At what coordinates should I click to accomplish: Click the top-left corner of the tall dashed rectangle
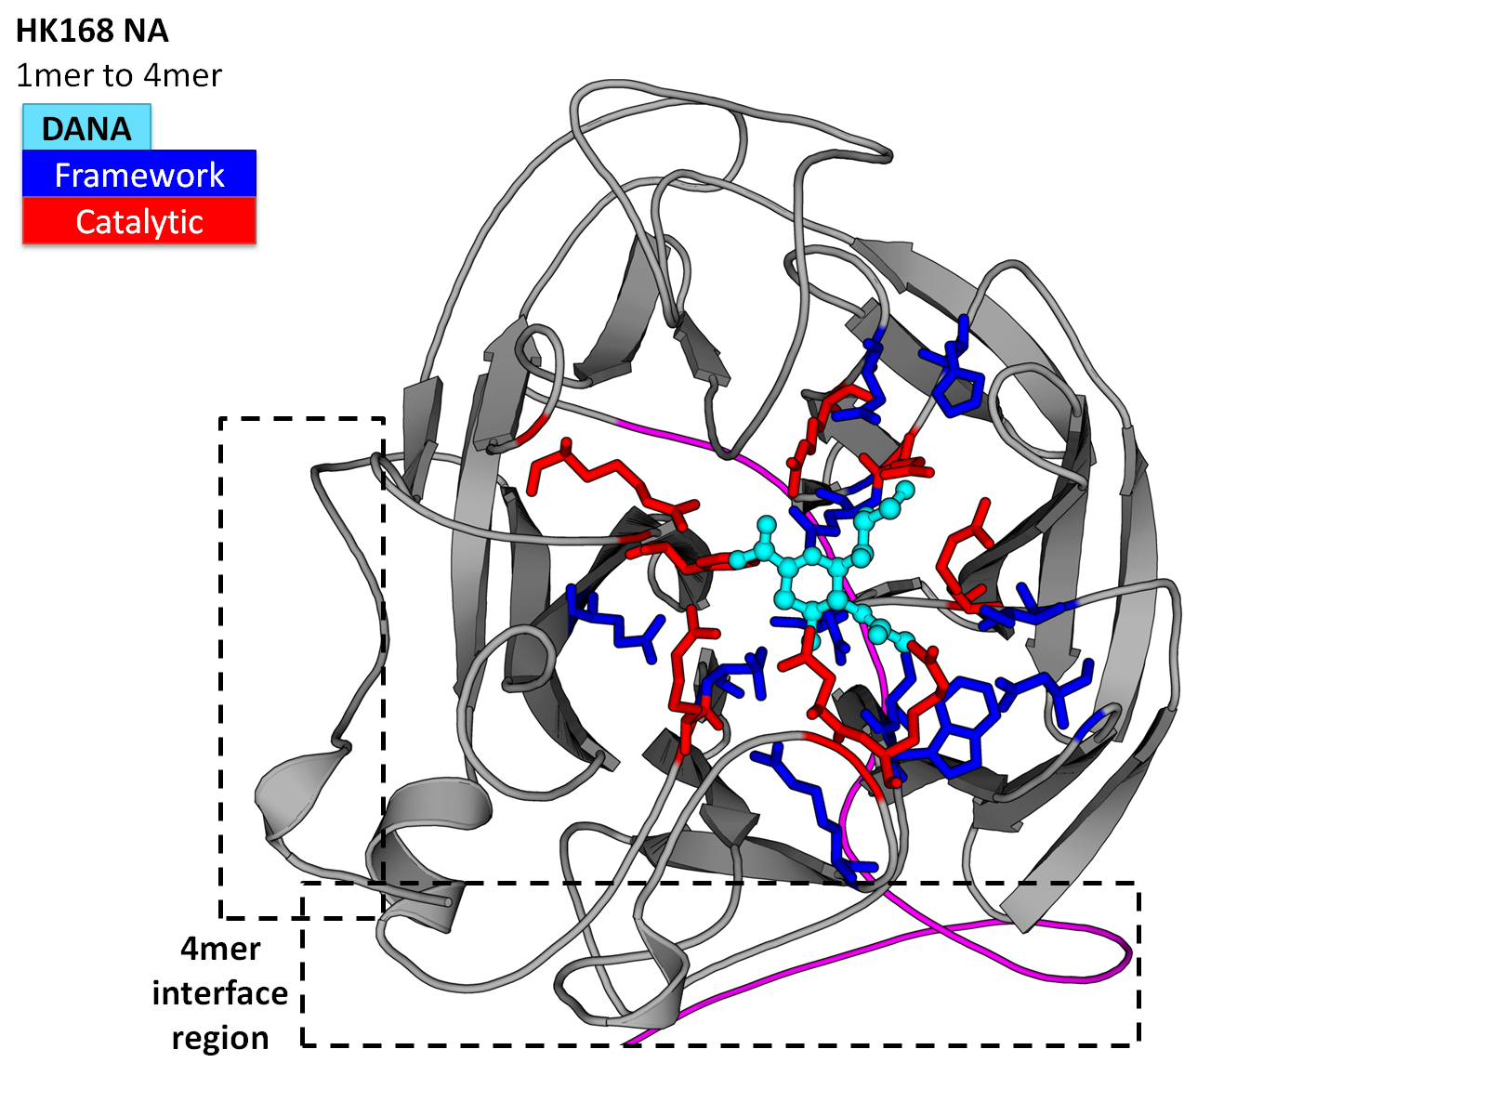pyautogui.click(x=221, y=419)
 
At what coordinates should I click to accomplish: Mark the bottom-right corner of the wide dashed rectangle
pyautogui.click(x=1138, y=1045)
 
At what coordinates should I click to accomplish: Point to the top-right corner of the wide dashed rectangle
pyautogui.click(x=1138, y=883)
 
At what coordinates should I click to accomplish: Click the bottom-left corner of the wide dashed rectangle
pyautogui.click(x=303, y=1045)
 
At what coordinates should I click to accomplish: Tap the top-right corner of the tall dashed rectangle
pyautogui.click(x=384, y=419)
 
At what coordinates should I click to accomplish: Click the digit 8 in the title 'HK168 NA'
pyautogui.click(x=104, y=32)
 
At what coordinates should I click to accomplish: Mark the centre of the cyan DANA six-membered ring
pyautogui.click(x=811, y=582)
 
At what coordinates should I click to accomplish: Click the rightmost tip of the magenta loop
pyautogui.click(x=1129, y=953)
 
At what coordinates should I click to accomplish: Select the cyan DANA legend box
pyautogui.click(x=86, y=126)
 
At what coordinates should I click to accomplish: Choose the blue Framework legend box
pyautogui.click(x=139, y=174)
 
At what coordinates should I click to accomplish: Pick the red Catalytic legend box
pyautogui.click(x=139, y=221)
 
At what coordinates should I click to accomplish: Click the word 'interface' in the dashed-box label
pyautogui.click(x=219, y=993)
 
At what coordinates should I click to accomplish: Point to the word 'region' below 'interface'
pyautogui.click(x=219, y=1038)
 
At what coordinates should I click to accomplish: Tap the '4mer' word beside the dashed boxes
pyautogui.click(x=219, y=949)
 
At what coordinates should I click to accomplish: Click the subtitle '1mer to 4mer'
pyautogui.click(x=119, y=75)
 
